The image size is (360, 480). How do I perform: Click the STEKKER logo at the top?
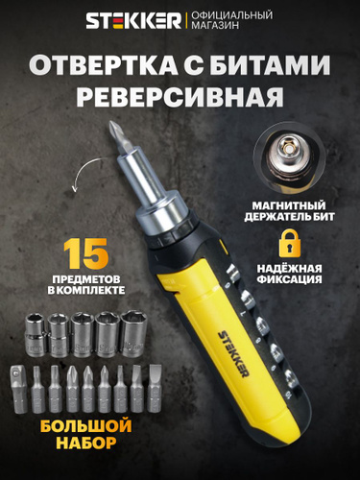tap(133, 20)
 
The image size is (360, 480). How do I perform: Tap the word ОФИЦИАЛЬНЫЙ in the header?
tap(232, 15)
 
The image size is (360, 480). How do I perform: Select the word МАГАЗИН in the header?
tap(215, 25)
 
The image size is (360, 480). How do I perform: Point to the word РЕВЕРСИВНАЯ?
tap(180, 96)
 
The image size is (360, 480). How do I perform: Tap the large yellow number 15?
tap(86, 253)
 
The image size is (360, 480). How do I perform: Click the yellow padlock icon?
tap(290, 243)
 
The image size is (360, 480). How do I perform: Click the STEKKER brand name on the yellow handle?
tap(233, 354)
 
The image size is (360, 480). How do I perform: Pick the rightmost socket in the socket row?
tap(134, 334)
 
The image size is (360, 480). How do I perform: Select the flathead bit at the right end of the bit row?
tap(155, 389)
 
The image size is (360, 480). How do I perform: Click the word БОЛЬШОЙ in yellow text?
tap(86, 426)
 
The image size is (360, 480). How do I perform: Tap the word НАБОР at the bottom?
tap(86, 444)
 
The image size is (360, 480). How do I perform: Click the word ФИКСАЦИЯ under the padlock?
tap(290, 279)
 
